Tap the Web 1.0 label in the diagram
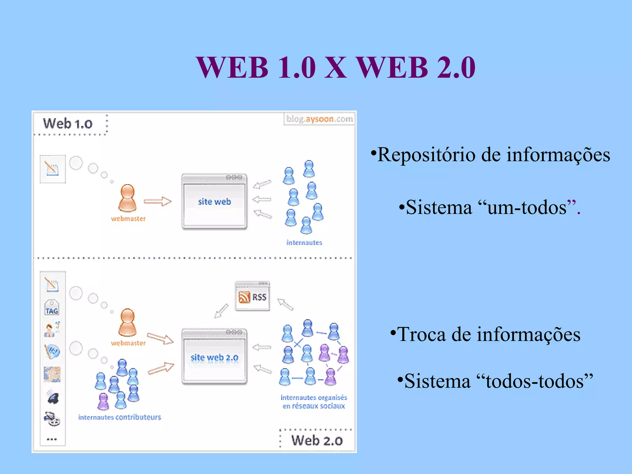pos(68,124)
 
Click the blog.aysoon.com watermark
pos(319,119)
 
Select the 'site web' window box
pos(214,202)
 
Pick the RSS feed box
pos(252,297)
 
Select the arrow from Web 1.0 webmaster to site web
pos(157,202)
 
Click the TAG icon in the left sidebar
pos(52,308)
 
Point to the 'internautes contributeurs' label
pos(120,417)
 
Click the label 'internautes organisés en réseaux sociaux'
pos(314,401)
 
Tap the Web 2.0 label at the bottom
pos(317,440)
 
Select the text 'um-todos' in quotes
pos(527,207)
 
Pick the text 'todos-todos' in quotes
pos(535,381)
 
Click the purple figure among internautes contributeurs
pos(103,401)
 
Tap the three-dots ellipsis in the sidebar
pos(52,439)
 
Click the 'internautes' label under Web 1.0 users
pos(304,243)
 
